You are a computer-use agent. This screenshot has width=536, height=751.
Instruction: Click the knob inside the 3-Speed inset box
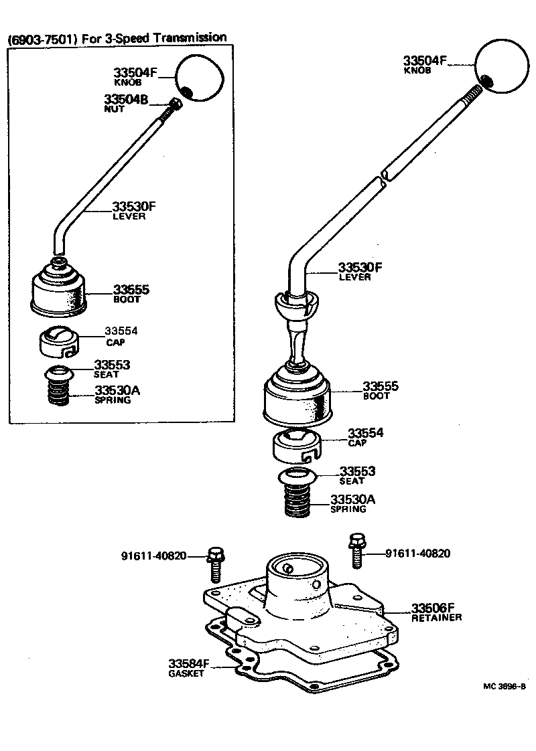[x=199, y=78]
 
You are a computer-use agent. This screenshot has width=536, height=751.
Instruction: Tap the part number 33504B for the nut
[x=125, y=100]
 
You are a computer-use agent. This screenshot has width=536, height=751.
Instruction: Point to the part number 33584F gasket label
[x=189, y=663]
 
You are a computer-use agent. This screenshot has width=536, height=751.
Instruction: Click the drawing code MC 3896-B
[x=504, y=687]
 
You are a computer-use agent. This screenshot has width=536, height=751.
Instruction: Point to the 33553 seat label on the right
[x=356, y=471]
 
